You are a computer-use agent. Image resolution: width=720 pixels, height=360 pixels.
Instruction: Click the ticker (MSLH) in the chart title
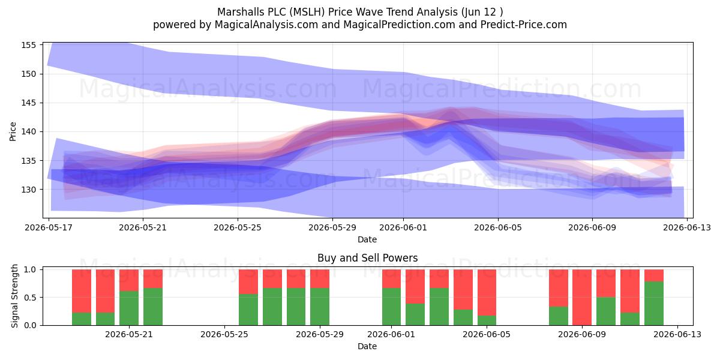307,12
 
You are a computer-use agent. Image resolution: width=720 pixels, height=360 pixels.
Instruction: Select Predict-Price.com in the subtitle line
524,25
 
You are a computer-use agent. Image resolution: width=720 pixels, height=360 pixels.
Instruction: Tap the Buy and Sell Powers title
367,258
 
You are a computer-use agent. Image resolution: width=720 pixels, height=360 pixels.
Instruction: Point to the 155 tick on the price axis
28,45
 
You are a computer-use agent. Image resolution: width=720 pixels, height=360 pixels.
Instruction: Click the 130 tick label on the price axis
28,190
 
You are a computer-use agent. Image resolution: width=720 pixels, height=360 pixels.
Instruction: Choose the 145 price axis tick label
28,103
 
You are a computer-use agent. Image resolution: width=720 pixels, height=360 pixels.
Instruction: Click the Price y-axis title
13,131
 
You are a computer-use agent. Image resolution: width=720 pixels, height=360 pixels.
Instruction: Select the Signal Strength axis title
14,296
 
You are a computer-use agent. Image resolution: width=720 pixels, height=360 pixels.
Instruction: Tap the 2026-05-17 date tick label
49,227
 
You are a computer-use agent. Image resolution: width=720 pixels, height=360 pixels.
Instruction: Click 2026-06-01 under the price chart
403,227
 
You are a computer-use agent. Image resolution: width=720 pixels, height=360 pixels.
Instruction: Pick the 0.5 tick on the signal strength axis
30,298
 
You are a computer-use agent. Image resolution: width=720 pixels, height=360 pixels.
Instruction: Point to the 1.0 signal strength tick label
30,269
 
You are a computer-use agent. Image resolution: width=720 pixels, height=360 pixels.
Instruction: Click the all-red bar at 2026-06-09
582,298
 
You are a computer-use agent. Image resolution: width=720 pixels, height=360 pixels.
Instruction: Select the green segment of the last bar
654,304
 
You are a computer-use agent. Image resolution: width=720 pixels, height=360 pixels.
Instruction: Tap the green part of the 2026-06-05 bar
487,320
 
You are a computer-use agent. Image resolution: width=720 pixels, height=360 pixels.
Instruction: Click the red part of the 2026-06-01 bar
391,278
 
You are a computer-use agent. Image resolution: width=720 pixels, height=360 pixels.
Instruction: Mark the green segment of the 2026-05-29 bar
320,307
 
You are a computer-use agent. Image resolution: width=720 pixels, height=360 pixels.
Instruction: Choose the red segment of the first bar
82,291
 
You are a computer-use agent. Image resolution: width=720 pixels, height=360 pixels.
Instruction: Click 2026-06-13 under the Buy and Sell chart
677,335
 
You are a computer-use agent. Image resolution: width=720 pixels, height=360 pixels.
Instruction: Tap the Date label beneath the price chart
367,239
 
